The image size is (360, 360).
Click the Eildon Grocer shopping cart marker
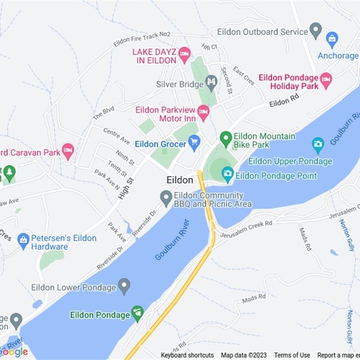[x=194, y=144]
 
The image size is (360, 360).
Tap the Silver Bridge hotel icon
[x=211, y=82]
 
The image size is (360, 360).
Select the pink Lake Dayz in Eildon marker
[x=184, y=55]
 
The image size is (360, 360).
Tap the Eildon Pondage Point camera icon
[x=228, y=174]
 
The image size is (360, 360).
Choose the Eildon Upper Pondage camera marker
[x=318, y=144]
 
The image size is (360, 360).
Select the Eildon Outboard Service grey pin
[x=316, y=30]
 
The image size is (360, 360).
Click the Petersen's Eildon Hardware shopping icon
[x=23, y=240]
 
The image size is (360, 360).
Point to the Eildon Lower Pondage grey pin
[x=124, y=285]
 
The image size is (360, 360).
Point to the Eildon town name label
[x=180, y=180]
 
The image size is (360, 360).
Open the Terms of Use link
[x=292, y=355]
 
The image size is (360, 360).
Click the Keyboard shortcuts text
[x=187, y=355]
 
